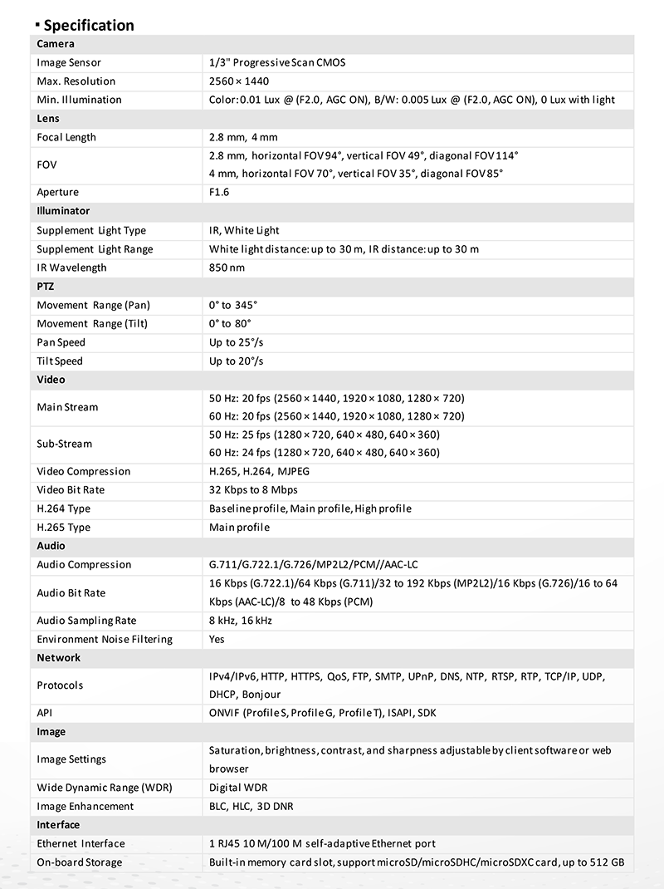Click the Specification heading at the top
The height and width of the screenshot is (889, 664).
pyautogui.click(x=89, y=25)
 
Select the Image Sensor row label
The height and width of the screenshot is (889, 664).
pyautogui.click(x=69, y=62)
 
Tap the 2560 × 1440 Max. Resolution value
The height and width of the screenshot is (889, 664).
pyautogui.click(x=239, y=81)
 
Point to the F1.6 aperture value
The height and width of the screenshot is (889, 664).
pyautogui.click(x=219, y=193)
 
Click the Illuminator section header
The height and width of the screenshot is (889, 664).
pyautogui.click(x=63, y=211)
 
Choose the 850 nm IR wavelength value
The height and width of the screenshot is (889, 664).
pyautogui.click(x=227, y=268)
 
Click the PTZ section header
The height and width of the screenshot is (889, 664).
pyautogui.click(x=46, y=286)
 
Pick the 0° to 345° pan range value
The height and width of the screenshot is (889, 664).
pyautogui.click(x=233, y=305)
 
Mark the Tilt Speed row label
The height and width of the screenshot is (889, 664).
pyautogui.click(x=61, y=361)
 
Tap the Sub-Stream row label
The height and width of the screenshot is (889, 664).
pyautogui.click(x=64, y=444)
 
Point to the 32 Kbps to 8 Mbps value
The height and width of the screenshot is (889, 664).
pyautogui.click(x=253, y=490)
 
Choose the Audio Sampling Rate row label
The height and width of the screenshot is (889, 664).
pyautogui.click(x=86, y=621)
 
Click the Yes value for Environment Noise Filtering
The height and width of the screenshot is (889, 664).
pyautogui.click(x=217, y=640)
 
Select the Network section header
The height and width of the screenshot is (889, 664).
pyautogui.click(x=59, y=658)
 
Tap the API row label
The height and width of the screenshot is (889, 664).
pyautogui.click(x=45, y=713)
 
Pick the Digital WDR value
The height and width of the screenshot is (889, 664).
pyautogui.click(x=238, y=788)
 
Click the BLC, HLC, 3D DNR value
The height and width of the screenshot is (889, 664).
pyautogui.click(x=251, y=807)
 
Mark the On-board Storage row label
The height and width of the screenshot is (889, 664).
pyautogui.click(x=79, y=862)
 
